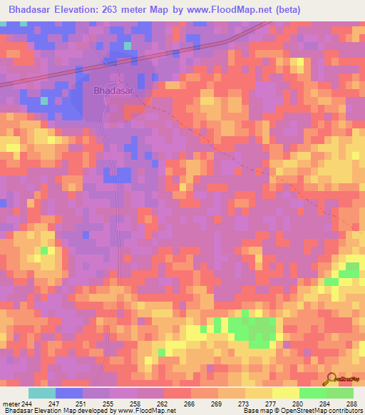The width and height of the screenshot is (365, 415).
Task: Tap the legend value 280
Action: point(298,404)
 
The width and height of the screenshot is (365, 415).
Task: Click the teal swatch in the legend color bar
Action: point(42,393)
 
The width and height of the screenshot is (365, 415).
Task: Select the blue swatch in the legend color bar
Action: point(68,393)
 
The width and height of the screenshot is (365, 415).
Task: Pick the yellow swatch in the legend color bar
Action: point(285,393)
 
